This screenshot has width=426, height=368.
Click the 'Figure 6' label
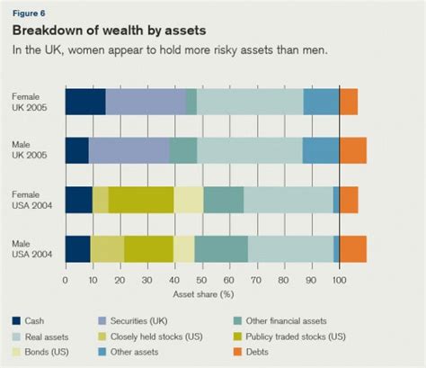[x=28, y=13]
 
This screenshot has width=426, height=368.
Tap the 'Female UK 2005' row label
[x=31, y=102]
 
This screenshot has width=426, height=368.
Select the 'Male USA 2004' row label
[x=31, y=248]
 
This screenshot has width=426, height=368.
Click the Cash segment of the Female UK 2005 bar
[x=84, y=102]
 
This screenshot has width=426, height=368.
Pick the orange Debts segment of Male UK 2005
[x=352, y=150]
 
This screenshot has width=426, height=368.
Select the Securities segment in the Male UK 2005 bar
[x=129, y=150]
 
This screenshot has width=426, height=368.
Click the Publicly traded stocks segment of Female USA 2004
[x=141, y=199]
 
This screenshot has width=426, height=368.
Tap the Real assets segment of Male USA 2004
[x=290, y=248]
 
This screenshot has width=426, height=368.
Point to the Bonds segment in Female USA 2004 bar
[x=189, y=199]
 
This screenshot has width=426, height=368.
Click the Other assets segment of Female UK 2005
[x=321, y=102]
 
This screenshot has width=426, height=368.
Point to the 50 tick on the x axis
[x=202, y=280]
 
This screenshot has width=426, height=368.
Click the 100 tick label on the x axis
[x=339, y=280]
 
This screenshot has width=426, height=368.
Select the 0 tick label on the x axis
[x=66, y=280]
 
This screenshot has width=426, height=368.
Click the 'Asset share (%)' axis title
[x=201, y=293]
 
